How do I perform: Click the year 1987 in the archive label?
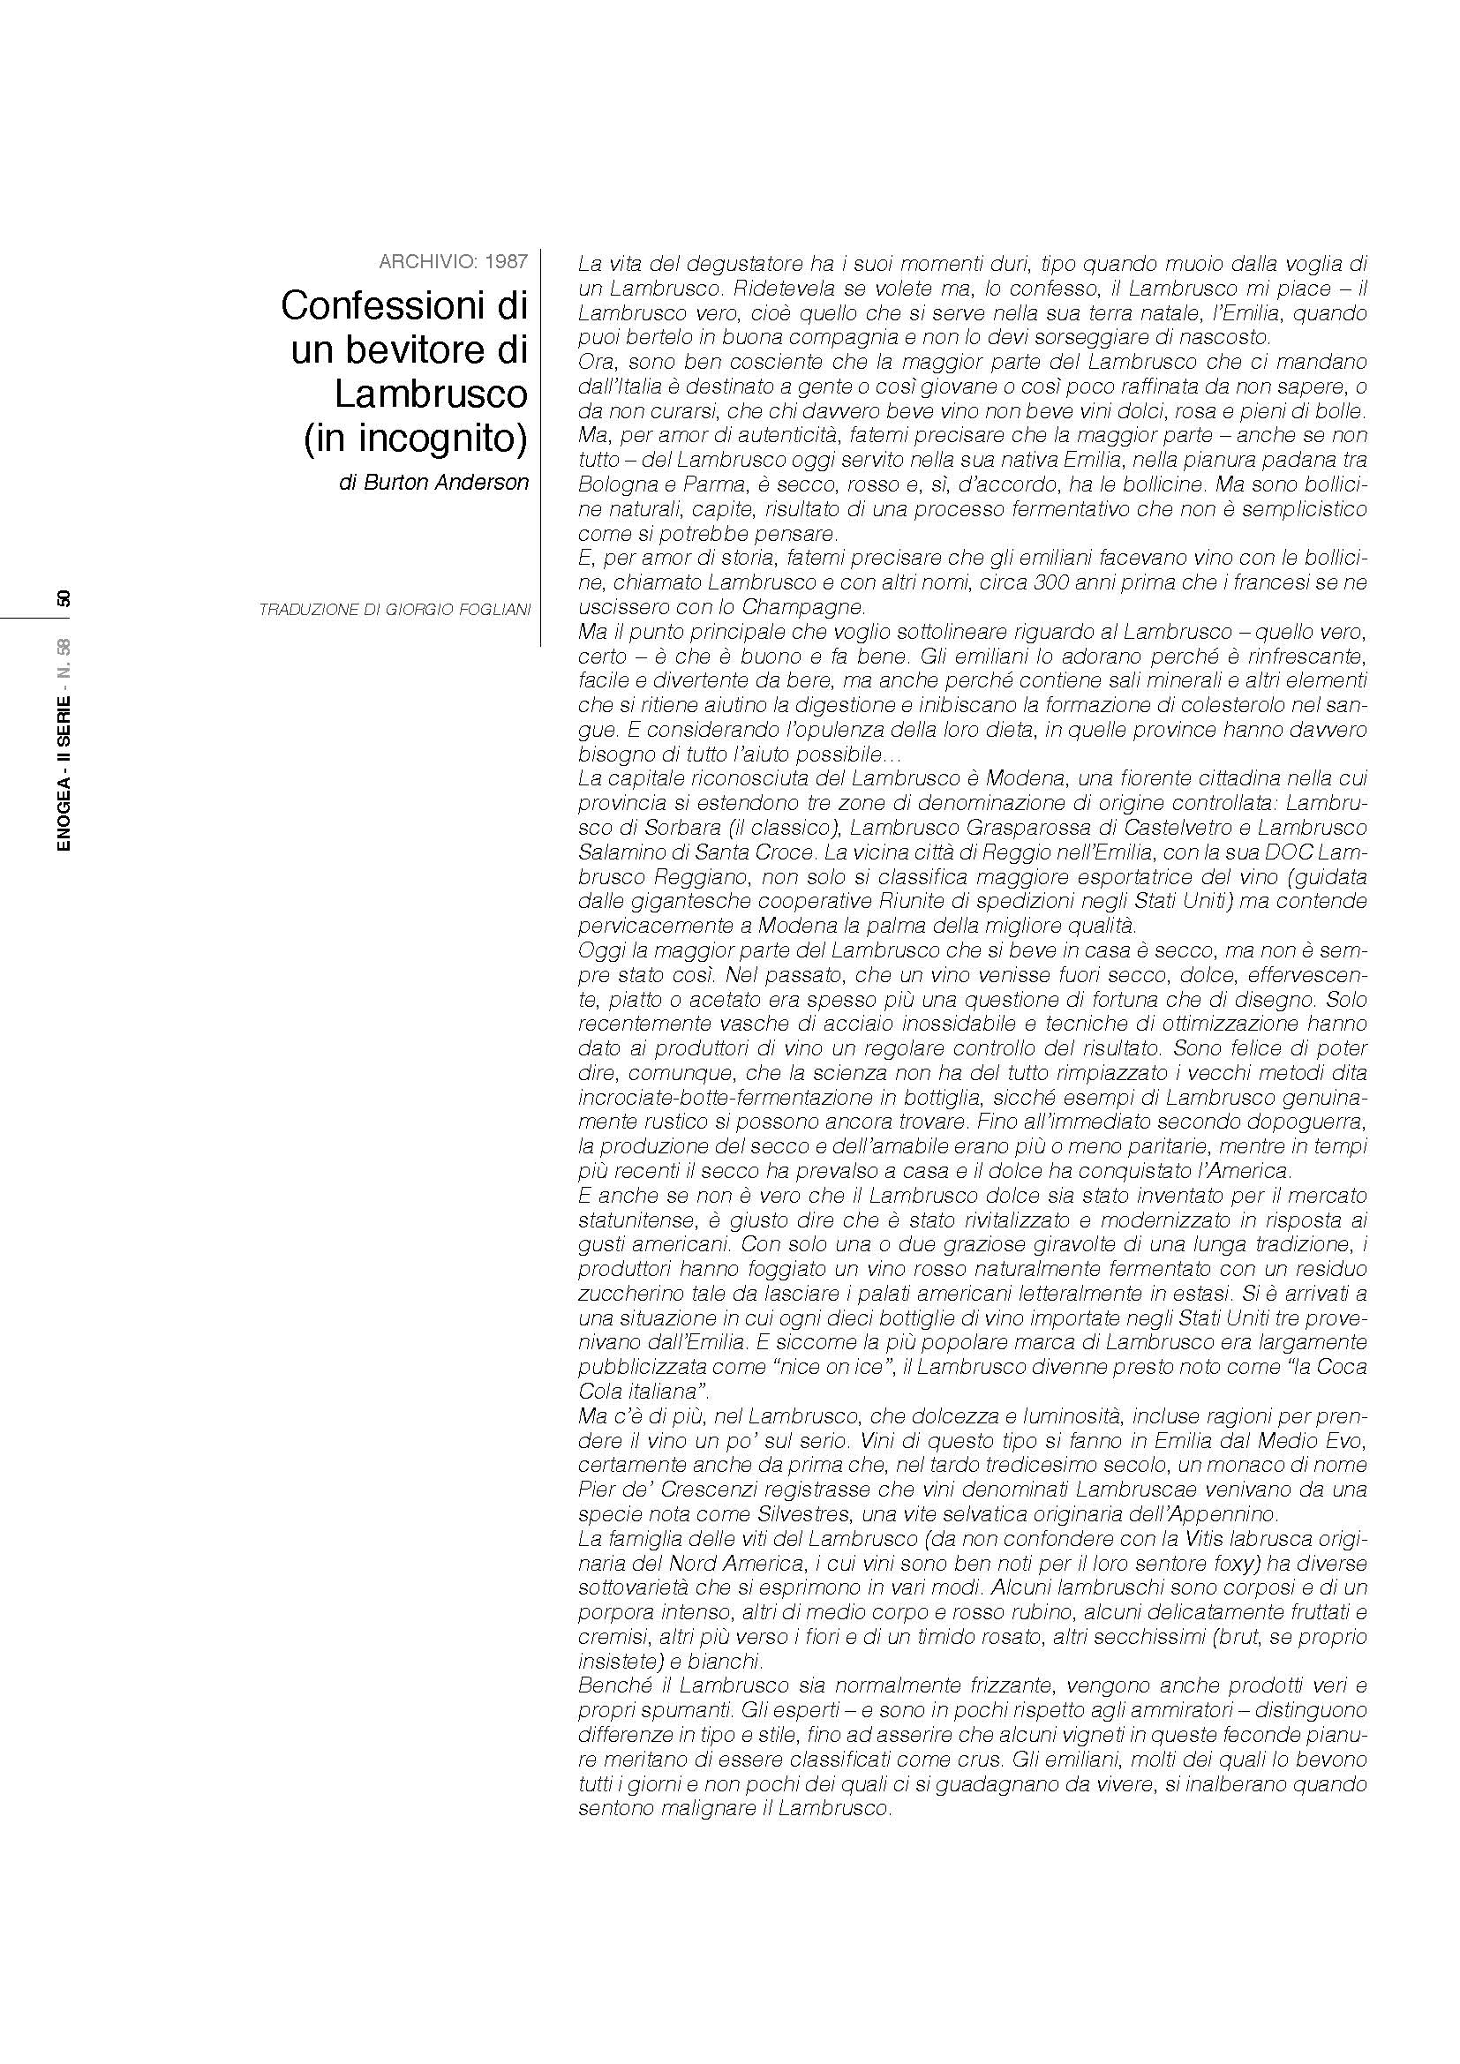click(505, 261)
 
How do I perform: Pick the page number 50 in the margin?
click(63, 598)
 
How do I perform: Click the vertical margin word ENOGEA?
click(63, 818)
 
